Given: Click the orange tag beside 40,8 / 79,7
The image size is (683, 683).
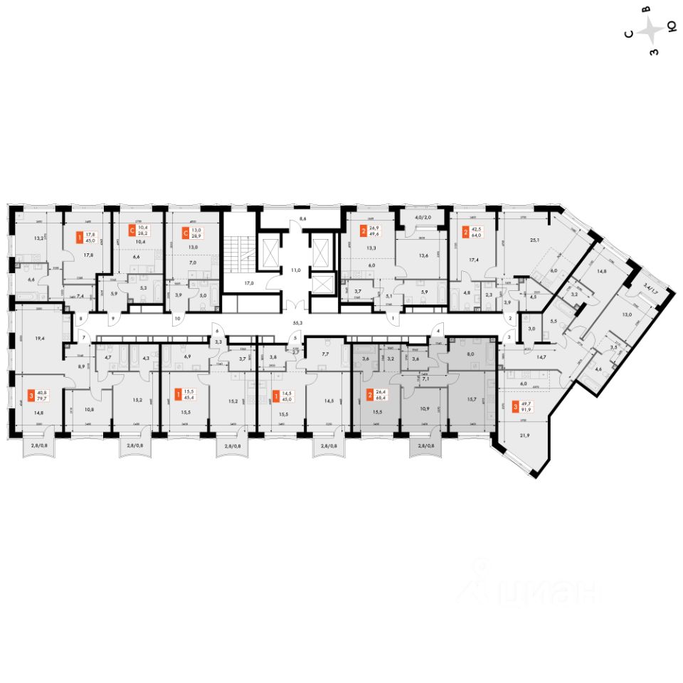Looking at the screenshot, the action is point(31,394).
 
